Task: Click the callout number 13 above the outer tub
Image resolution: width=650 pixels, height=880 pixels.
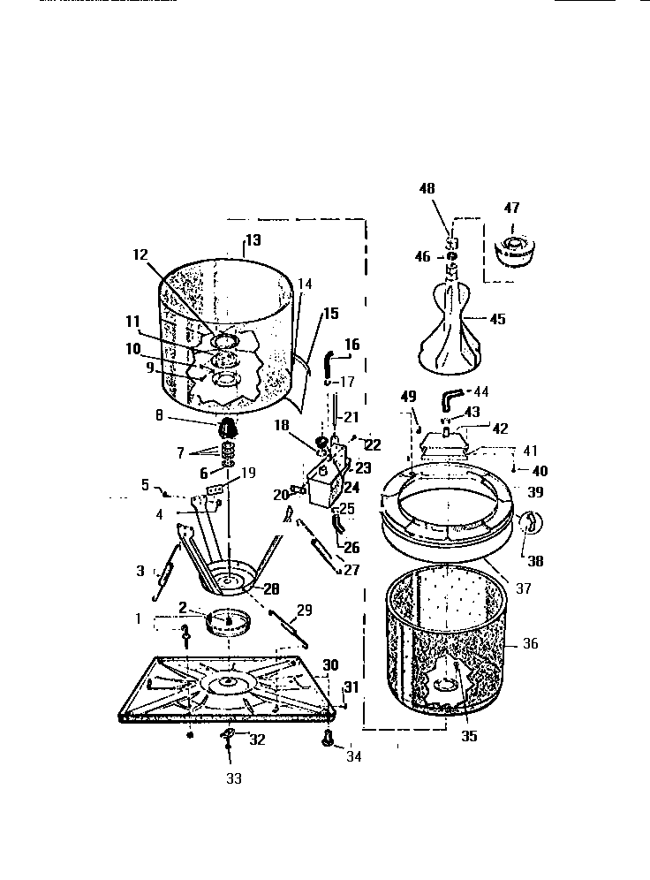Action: (x=253, y=239)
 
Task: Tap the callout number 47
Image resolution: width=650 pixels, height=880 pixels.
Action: (x=512, y=209)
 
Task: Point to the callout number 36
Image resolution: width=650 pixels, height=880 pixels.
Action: (x=530, y=644)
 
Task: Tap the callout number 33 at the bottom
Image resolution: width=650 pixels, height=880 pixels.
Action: (x=233, y=778)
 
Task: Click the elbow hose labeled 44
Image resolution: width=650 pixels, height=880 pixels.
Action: (x=454, y=393)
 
